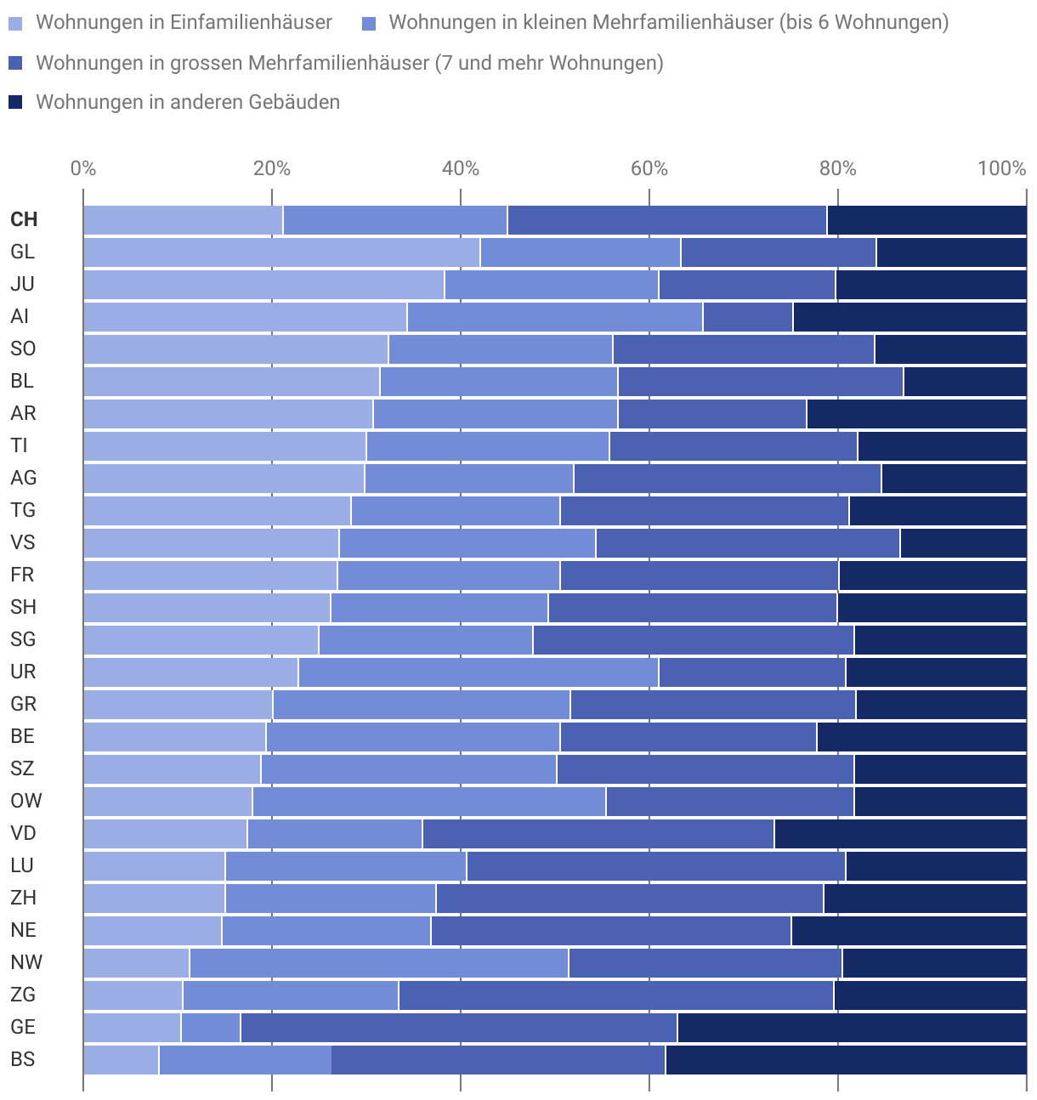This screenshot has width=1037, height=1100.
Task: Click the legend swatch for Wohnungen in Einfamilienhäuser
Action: point(16,23)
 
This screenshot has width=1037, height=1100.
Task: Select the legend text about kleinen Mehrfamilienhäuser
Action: point(668,23)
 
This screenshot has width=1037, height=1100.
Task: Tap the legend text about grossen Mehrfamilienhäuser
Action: point(349,63)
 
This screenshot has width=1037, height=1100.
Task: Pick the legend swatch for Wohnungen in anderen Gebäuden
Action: point(16,103)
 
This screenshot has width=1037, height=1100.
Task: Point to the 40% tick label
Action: point(461,168)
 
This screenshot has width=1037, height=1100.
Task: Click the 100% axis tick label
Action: point(1002,168)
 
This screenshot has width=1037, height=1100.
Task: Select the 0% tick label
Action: point(83,168)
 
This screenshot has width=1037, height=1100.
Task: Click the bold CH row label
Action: point(24,219)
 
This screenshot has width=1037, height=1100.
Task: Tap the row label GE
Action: point(23,1027)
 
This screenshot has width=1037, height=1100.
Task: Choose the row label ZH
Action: point(23,898)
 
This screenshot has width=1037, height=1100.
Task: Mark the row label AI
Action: point(20,316)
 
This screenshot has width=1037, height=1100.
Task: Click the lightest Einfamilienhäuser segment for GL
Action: point(281,252)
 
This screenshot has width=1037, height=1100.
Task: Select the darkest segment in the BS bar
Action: point(846,1059)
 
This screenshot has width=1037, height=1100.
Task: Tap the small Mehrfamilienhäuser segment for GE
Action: point(211,1027)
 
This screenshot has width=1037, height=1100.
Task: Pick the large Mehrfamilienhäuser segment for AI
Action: point(748,317)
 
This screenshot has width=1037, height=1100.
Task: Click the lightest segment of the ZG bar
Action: point(133,995)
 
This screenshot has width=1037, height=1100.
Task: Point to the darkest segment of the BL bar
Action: point(965,382)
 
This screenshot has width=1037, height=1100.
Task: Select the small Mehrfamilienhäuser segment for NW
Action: point(379,962)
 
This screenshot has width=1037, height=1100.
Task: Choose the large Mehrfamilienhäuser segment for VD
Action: point(598,833)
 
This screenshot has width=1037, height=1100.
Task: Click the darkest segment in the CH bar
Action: point(926,220)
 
